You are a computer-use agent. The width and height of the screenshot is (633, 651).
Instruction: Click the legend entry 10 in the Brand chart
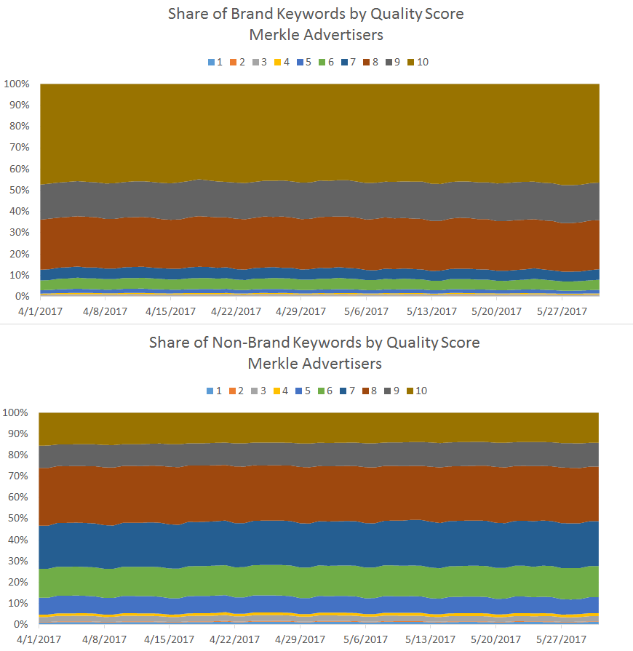[418, 62]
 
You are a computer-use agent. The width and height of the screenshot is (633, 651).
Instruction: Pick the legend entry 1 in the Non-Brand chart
[215, 391]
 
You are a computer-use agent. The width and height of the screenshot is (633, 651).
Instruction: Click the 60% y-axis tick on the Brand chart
[18, 169]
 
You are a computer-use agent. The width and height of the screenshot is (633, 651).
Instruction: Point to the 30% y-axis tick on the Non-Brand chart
[18, 561]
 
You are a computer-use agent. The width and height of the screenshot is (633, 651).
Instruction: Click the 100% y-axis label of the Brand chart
[16, 84]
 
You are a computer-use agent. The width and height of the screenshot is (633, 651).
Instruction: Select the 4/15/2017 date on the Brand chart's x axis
[171, 311]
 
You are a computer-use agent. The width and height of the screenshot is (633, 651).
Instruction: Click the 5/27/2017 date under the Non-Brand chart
[561, 639]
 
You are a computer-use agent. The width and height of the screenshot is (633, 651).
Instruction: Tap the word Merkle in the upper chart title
[275, 34]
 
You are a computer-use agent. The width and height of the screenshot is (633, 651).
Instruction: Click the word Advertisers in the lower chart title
[342, 362]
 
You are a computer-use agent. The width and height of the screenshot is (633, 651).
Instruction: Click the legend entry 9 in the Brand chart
[395, 62]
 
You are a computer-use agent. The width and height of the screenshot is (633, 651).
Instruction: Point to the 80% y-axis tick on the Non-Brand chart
[18, 455]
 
